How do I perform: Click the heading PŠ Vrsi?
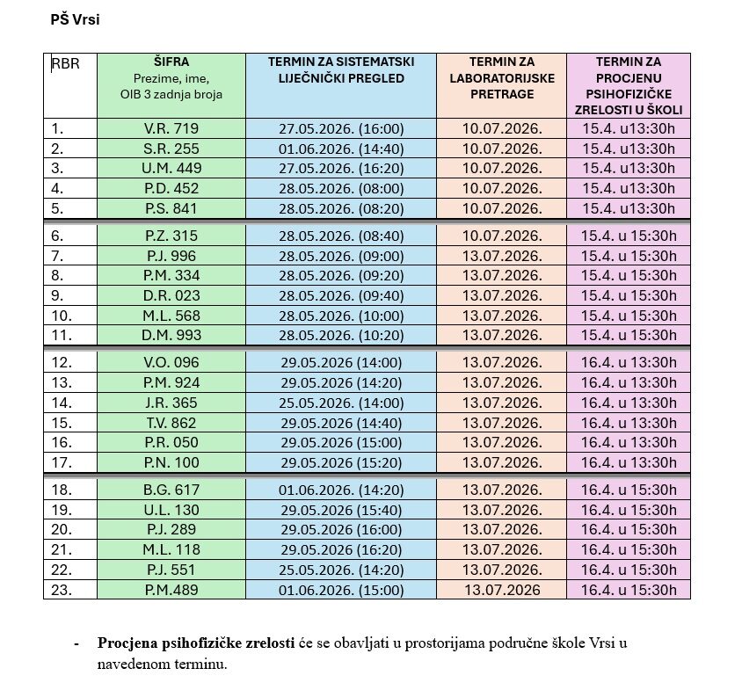pyautogui.click(x=75, y=19)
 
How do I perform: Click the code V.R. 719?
pyautogui.click(x=172, y=128)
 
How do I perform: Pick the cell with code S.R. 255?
pyautogui.click(x=172, y=149)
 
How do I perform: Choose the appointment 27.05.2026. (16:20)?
pyautogui.click(x=341, y=169)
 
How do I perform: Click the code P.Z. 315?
pyautogui.click(x=172, y=236)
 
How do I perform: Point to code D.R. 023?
pyautogui.click(x=172, y=295)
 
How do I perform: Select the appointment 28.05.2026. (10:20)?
pyautogui.click(x=341, y=335)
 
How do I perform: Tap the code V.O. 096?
pyautogui.click(x=172, y=362)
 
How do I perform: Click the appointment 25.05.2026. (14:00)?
pyautogui.click(x=341, y=403)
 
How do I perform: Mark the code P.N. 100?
pyautogui.click(x=172, y=462)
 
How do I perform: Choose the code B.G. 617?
pyautogui.click(x=172, y=490)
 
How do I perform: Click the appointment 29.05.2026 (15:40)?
pyautogui.click(x=341, y=510)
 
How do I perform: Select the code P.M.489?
pyautogui.click(x=172, y=590)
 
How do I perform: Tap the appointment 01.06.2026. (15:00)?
pyautogui.click(x=341, y=590)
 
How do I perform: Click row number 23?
pyautogui.click(x=62, y=590)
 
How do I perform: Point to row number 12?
pyautogui.click(x=62, y=362)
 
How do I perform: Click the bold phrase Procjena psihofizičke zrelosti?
pyautogui.click(x=196, y=643)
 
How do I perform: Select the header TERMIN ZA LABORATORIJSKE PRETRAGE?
pyautogui.click(x=501, y=77)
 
